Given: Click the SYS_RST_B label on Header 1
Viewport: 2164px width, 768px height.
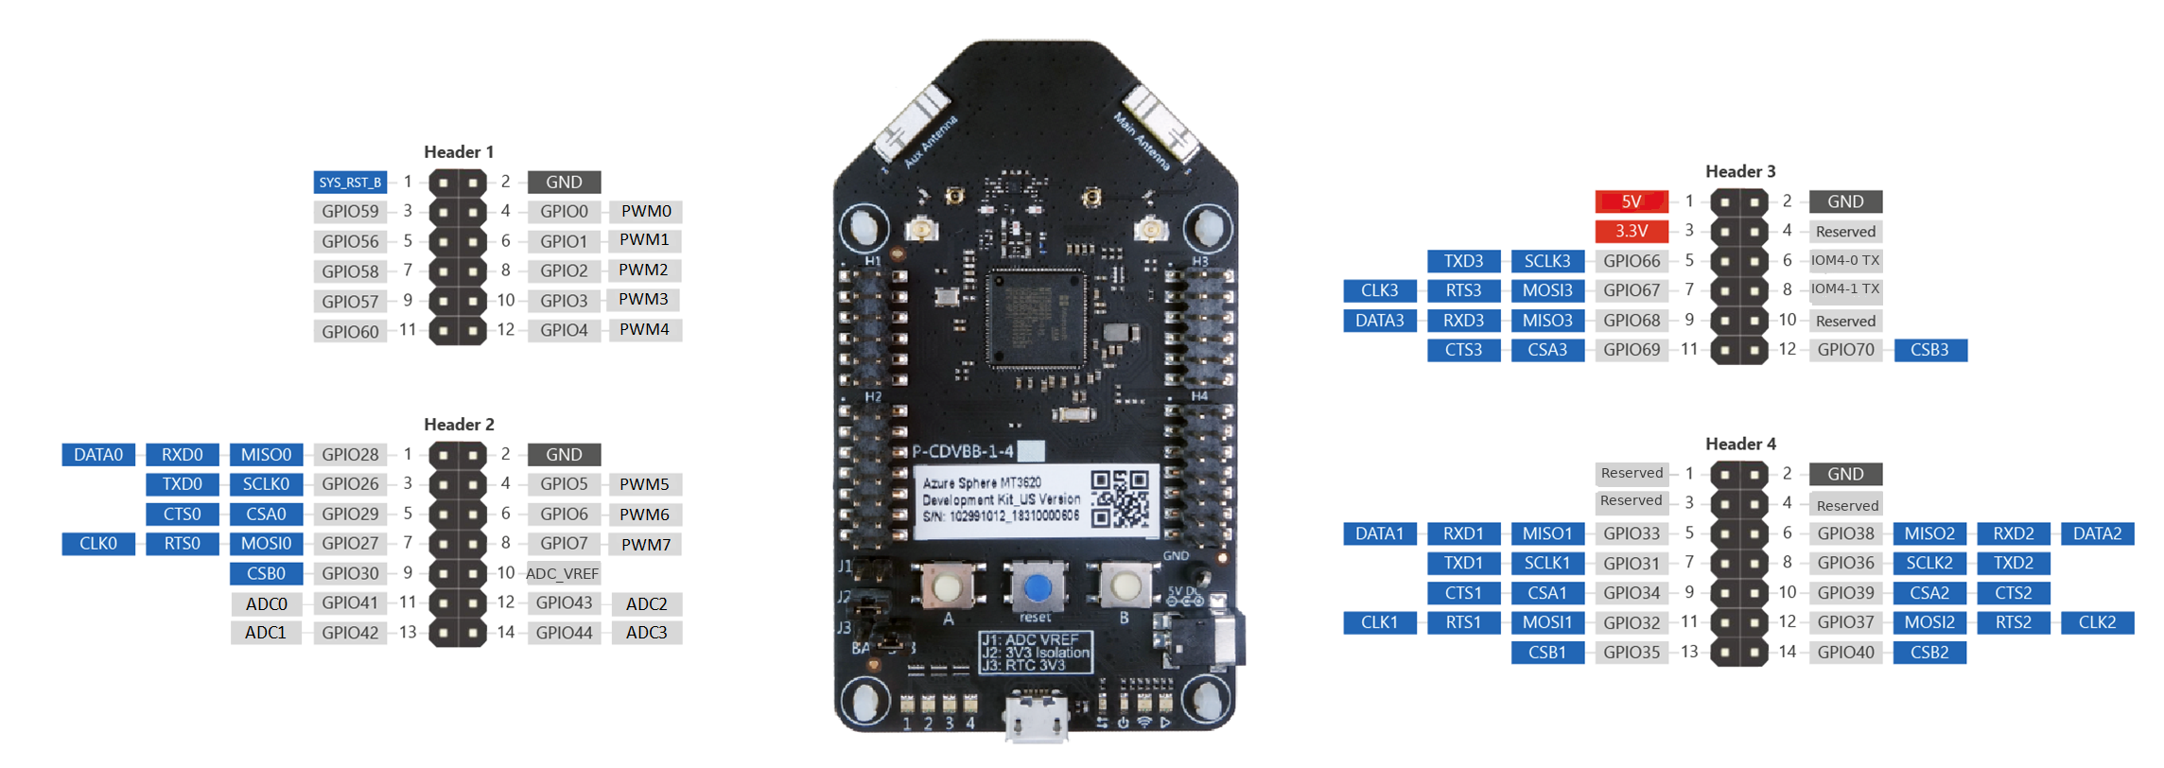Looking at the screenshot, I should [350, 182].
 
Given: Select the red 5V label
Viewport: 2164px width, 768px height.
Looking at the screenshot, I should [1631, 201].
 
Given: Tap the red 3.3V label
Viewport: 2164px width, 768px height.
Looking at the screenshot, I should [1631, 231].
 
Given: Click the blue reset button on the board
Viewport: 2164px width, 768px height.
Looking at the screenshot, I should [1037, 587].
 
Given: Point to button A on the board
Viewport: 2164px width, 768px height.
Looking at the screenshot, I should [946, 587].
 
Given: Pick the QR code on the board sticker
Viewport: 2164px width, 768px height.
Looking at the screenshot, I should [1120, 498].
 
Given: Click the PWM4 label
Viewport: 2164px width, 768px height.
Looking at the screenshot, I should [644, 329].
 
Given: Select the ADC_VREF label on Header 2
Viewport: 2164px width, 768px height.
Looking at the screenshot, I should [563, 573].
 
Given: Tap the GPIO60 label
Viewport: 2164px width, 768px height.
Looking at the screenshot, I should [350, 331].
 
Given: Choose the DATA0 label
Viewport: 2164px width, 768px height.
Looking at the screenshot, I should [98, 454].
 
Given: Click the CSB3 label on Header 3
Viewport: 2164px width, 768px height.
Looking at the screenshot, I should [1929, 350].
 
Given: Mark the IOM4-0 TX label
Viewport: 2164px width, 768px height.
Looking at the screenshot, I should [1845, 260].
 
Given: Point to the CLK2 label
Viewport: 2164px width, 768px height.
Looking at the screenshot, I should [2097, 622].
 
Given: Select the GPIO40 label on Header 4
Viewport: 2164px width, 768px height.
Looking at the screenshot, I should [1845, 652].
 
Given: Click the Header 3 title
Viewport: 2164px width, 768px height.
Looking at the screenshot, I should [1740, 171].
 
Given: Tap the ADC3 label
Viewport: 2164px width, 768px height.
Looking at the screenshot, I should [646, 632].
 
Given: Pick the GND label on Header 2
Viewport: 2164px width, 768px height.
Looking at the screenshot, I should [564, 454].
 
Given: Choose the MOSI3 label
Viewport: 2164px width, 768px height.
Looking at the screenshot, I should [1547, 290].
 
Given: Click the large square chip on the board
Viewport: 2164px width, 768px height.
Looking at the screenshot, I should [1036, 319].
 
